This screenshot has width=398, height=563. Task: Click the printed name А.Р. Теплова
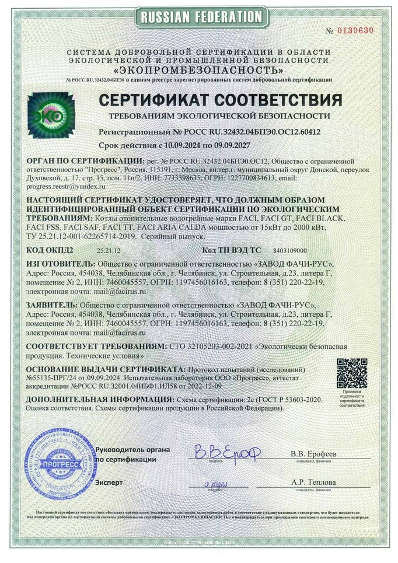tap(313, 483)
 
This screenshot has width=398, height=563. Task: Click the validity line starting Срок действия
tap(195, 144)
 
